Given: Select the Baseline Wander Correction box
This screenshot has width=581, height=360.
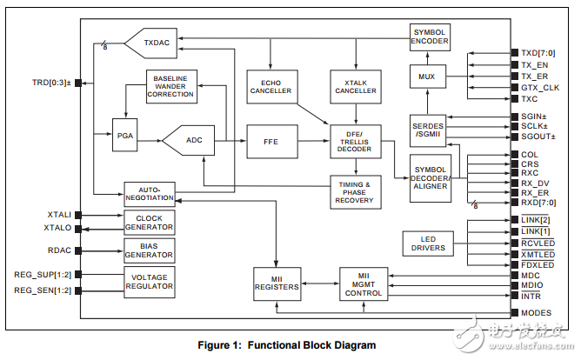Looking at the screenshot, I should coord(170,87).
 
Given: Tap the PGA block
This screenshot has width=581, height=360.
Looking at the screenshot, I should coord(124,137).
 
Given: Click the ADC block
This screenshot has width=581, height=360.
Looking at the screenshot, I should coord(194,139).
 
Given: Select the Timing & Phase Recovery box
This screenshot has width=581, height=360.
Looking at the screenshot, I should coord(354,191).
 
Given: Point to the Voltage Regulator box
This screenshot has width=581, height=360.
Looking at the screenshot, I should coord(149,283).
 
